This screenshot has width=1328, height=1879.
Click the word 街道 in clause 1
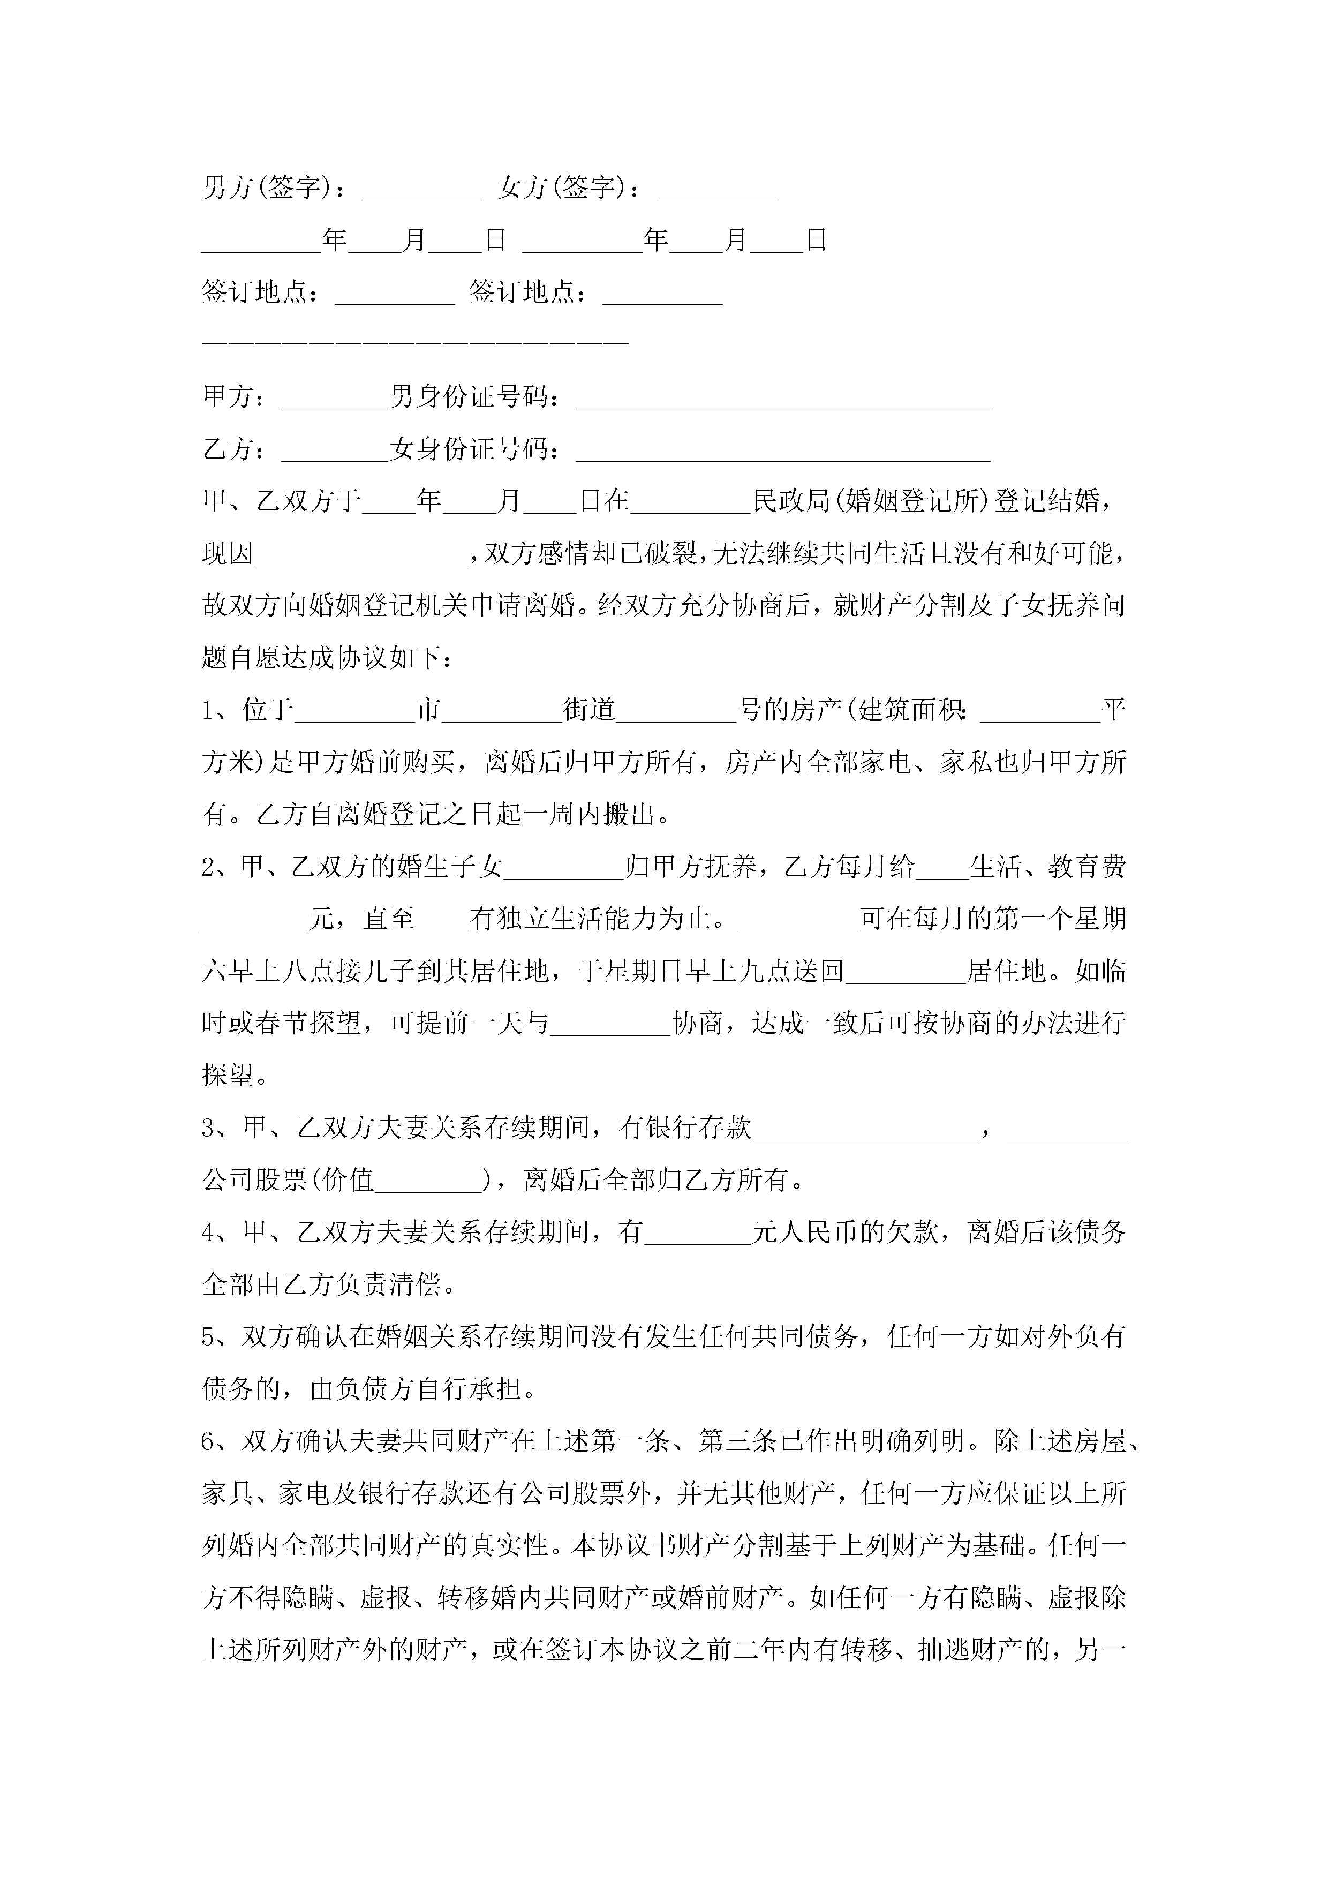pyautogui.click(x=589, y=710)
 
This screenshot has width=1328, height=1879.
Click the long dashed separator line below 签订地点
pyautogui.click(x=415, y=343)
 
